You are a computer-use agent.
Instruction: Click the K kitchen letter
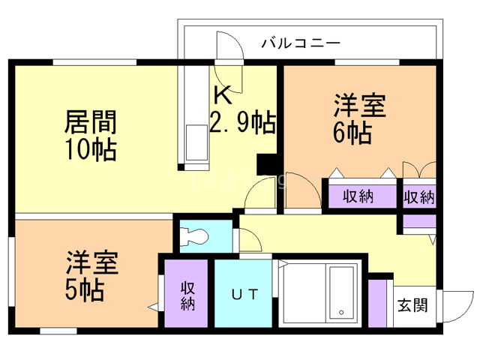pos(222,95)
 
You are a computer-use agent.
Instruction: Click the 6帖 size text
pos(352,133)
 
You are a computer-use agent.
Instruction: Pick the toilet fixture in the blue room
pos(196,236)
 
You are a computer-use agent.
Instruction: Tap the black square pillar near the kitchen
pos(267,165)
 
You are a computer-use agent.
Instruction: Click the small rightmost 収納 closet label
pos(419,196)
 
